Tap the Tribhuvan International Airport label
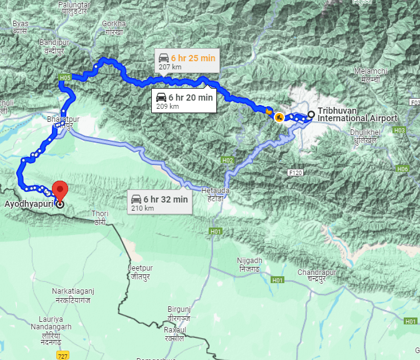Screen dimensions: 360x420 click(x=357, y=114)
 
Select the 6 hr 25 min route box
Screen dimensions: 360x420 click(x=186, y=61)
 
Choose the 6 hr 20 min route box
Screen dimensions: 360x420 click(x=184, y=101)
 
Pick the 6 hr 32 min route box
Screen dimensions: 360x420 click(x=159, y=202)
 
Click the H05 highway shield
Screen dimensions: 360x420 click(x=65, y=77)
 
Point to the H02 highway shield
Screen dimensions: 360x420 click(x=227, y=161)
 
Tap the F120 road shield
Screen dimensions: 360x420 click(x=296, y=172)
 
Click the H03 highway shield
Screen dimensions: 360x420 click(x=399, y=130)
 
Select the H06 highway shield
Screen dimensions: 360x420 click(x=402, y=169)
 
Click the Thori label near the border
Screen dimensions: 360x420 click(x=100, y=217)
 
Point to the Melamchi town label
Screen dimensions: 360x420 click(x=367, y=74)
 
